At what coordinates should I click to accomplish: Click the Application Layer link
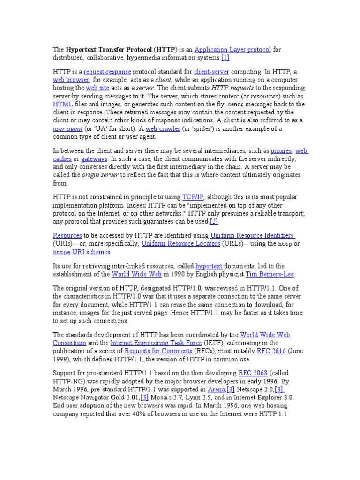pyautogui.click(x=219, y=49)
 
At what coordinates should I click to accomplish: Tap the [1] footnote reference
pyautogui.click(x=225, y=58)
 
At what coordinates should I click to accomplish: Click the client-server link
pyautogui.click(x=211, y=72)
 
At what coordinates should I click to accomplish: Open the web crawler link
pyautogui.click(x=162, y=128)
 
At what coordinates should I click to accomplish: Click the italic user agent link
pyautogui.click(x=68, y=128)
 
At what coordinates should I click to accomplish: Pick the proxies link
pyautogui.click(x=281, y=151)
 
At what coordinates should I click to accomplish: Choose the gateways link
pyautogui.click(x=94, y=159)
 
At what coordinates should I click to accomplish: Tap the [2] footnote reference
pyautogui.click(x=214, y=221)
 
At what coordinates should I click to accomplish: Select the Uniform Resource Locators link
pyautogui.click(x=180, y=244)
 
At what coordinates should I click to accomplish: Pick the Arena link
pyautogui.click(x=217, y=390)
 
